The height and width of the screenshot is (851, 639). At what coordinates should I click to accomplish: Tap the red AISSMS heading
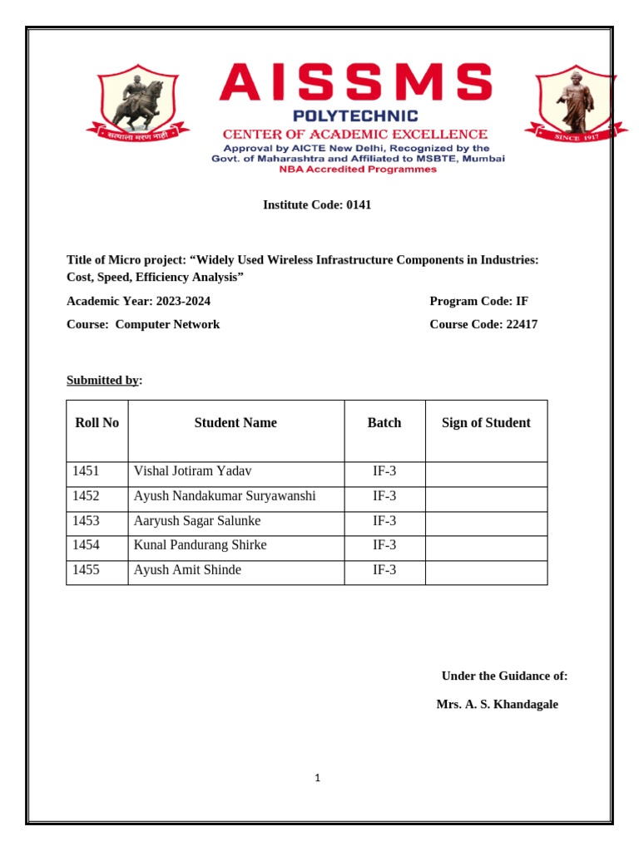[356, 82]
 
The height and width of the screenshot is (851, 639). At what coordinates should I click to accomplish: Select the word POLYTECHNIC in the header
[354, 116]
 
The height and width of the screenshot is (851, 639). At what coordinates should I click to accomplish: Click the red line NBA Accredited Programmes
[358, 170]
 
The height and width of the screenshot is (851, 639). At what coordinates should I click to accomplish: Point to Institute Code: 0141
[317, 204]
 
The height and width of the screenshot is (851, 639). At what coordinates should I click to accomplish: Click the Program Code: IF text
[478, 301]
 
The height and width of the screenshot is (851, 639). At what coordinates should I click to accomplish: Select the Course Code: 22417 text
[483, 324]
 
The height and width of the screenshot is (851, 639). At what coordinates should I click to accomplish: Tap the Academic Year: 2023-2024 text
[132, 301]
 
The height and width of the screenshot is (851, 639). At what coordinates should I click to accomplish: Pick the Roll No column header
[97, 423]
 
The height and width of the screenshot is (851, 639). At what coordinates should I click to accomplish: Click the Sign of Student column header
[486, 423]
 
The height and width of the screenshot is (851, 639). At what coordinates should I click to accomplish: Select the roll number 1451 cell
[86, 471]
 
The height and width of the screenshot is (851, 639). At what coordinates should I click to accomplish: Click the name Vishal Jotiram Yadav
[192, 471]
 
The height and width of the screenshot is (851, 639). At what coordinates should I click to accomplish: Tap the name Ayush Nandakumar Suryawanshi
[225, 496]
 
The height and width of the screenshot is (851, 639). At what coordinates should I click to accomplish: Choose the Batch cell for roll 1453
[384, 521]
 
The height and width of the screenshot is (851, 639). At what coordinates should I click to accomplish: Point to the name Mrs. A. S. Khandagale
[497, 704]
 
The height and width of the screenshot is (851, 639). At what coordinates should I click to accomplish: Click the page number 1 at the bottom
[318, 778]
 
